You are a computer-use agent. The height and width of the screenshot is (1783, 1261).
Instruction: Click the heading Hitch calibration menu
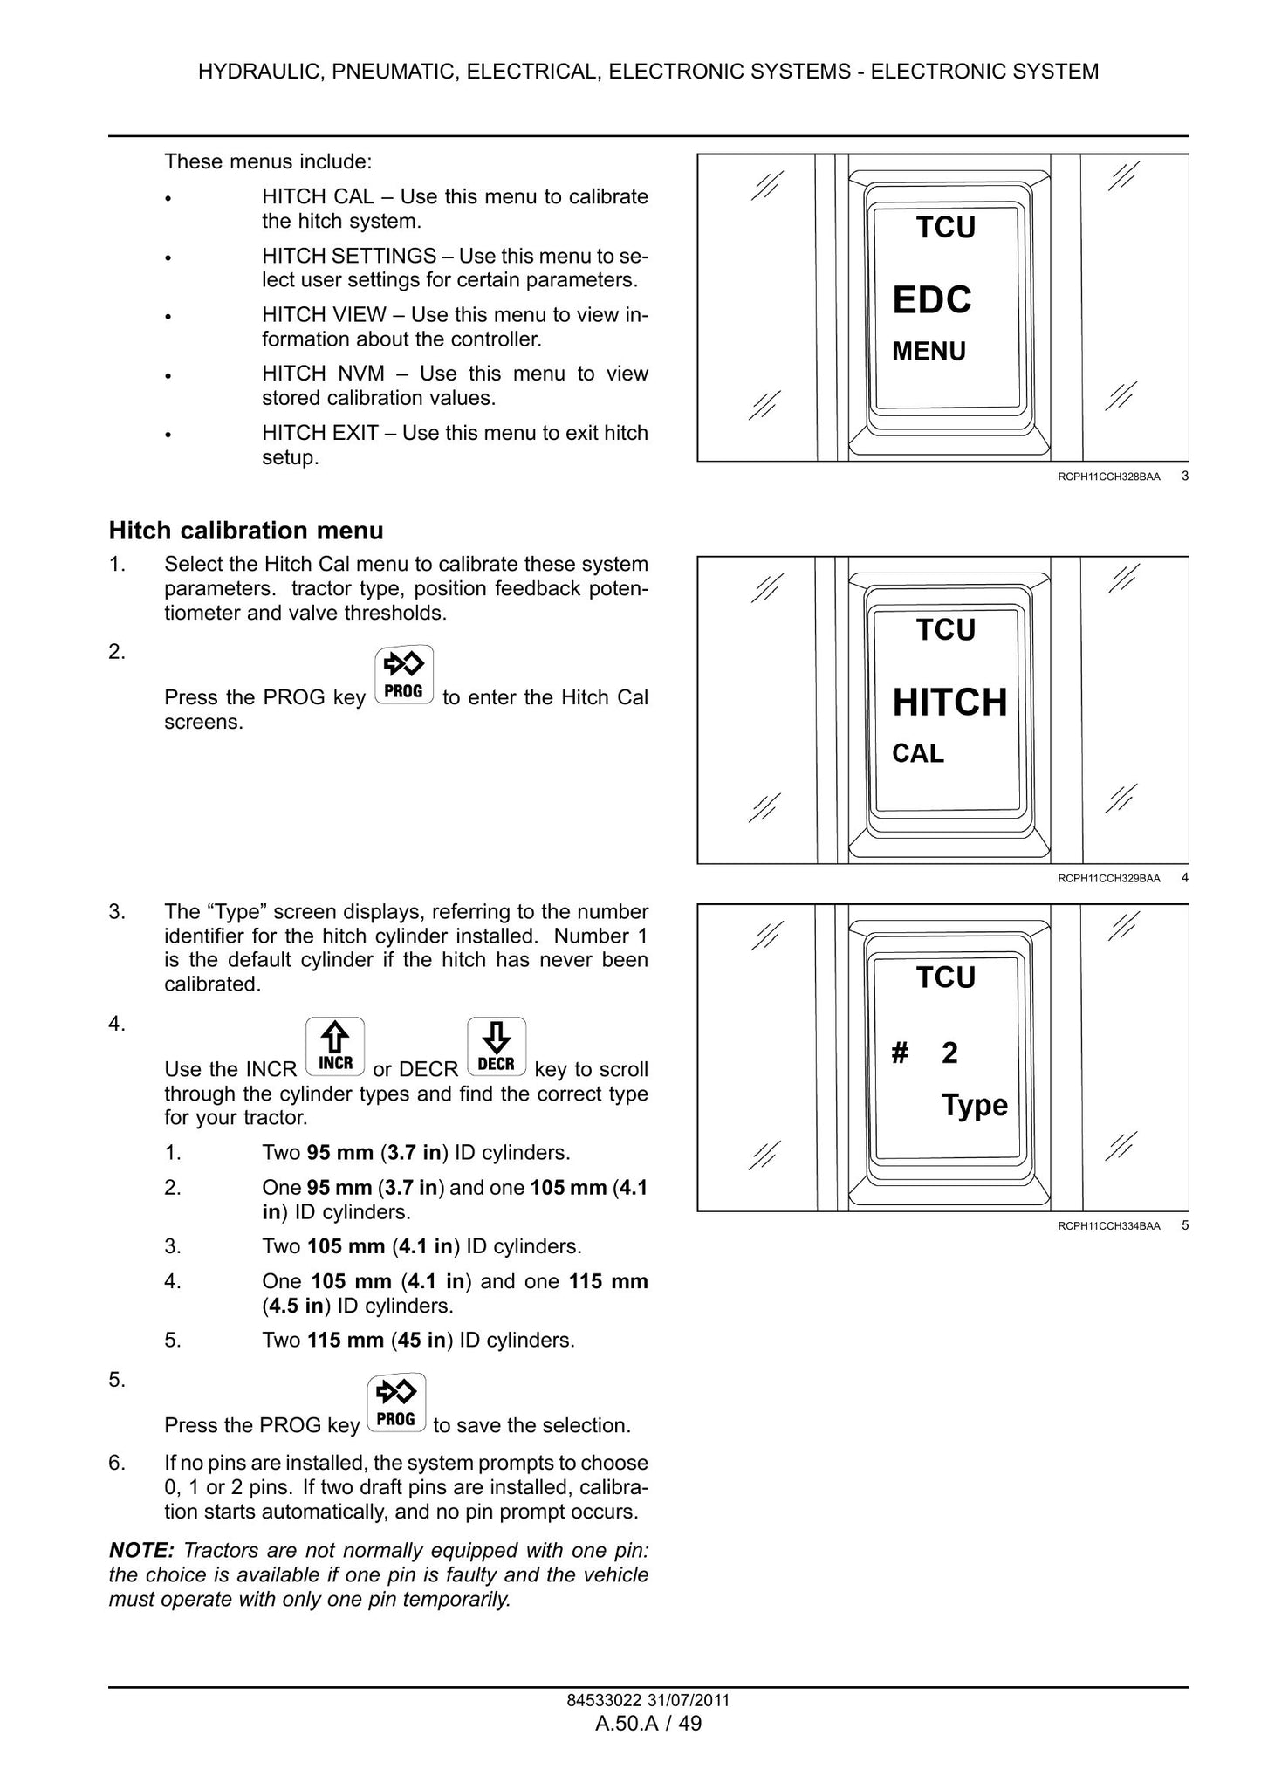pyautogui.click(x=246, y=531)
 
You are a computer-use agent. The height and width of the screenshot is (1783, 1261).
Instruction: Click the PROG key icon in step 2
pyautogui.click(x=404, y=675)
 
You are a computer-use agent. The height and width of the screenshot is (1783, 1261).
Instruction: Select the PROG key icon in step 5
pyautogui.click(x=397, y=1402)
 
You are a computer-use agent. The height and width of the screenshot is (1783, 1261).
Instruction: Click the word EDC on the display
pyautogui.click(x=931, y=300)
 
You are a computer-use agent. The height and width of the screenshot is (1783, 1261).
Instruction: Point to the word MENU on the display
pyautogui.click(x=929, y=352)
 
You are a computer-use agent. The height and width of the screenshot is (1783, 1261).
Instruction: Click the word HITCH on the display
pyautogui.click(x=949, y=703)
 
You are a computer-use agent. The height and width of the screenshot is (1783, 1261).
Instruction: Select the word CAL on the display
pyautogui.click(x=918, y=754)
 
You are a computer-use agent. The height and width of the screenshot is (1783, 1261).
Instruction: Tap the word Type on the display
pyautogui.click(x=975, y=1106)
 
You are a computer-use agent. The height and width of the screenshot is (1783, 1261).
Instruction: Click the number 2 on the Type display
pyautogui.click(x=949, y=1053)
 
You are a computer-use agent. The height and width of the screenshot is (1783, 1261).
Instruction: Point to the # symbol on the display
pyautogui.click(x=900, y=1053)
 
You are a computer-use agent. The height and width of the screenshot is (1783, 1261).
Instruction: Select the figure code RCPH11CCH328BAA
pyautogui.click(x=1109, y=477)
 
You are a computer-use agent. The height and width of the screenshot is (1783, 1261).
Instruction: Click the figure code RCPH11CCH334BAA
pyautogui.click(x=1109, y=1226)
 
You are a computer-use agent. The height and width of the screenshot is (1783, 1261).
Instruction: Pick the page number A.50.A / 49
pyautogui.click(x=648, y=1724)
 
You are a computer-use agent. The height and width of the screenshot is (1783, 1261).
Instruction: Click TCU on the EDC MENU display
pyautogui.click(x=946, y=228)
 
